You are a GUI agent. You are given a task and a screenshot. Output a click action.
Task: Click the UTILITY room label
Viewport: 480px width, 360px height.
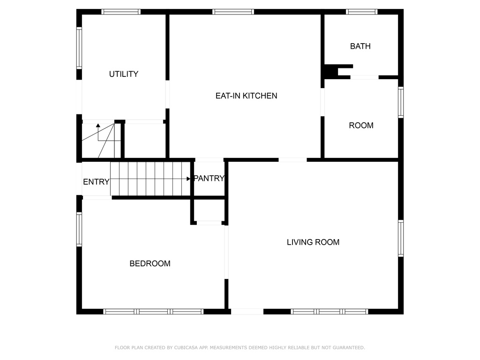(x=124, y=74)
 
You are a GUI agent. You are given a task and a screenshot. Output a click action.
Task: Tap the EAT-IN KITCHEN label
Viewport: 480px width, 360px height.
(x=247, y=96)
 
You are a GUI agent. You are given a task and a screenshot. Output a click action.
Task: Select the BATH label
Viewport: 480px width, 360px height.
(x=360, y=46)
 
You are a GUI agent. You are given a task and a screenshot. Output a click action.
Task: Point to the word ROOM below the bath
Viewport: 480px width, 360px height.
(x=361, y=126)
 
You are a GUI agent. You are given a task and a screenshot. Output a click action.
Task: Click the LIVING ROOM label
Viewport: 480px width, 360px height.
(x=313, y=242)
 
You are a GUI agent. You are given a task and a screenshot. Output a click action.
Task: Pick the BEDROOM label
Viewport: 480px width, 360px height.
(x=150, y=263)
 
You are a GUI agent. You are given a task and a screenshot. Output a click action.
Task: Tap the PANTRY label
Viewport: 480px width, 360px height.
(x=210, y=178)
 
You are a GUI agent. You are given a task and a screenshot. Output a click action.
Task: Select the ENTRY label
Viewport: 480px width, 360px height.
(x=96, y=182)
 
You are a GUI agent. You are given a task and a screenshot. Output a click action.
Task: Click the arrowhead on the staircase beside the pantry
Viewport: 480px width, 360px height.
(x=188, y=179)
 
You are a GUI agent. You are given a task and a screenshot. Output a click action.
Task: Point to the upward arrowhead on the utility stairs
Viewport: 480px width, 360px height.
(x=98, y=126)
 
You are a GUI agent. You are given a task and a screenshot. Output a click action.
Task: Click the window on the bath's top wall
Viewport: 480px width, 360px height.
(x=361, y=12)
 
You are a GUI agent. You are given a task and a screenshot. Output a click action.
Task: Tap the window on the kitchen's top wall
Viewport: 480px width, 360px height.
(x=233, y=12)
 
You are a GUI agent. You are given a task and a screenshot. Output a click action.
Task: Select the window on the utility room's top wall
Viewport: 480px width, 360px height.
(x=121, y=12)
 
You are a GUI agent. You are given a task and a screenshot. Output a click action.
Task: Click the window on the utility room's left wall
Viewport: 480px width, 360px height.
(x=79, y=48)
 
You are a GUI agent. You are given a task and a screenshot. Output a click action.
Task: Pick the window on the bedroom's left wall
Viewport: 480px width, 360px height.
(x=79, y=229)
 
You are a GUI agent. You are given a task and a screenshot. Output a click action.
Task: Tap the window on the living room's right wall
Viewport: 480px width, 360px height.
(x=401, y=238)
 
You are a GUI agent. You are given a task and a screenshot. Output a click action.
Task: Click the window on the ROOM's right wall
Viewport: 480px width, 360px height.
(x=401, y=102)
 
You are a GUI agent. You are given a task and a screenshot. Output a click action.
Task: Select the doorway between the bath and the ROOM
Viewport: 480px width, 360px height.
(x=364, y=77)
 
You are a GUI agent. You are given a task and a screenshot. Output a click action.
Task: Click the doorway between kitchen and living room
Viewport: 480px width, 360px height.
(x=292, y=160)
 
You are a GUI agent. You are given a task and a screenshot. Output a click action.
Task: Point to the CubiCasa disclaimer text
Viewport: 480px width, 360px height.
(x=240, y=347)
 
